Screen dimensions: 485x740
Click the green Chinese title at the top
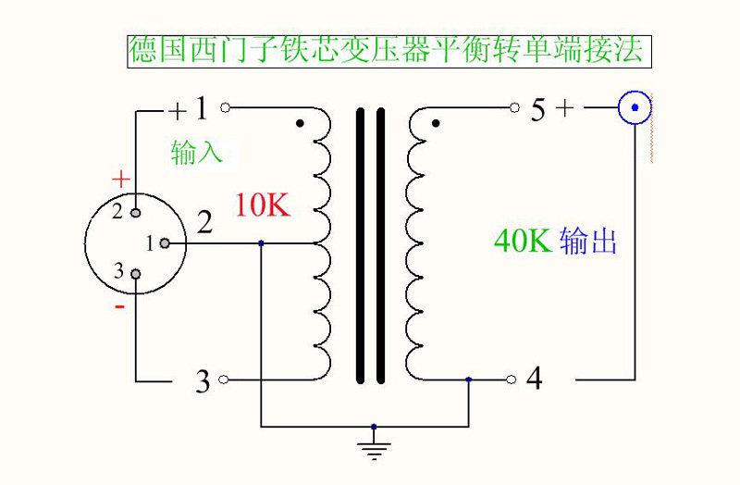[x=389, y=51]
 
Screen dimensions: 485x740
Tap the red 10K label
[x=262, y=205]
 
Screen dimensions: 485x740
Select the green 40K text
[x=523, y=242]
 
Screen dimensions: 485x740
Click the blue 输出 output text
[x=588, y=242]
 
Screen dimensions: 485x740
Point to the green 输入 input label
[x=197, y=152]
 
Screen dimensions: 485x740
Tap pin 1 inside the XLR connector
[x=164, y=243]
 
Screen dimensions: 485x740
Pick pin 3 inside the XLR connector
[x=136, y=274]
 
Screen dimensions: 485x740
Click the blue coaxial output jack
[x=635, y=109]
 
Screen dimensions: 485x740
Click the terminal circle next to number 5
[x=514, y=108]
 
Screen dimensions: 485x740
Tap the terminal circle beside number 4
[x=511, y=379]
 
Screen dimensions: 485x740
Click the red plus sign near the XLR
[x=119, y=178]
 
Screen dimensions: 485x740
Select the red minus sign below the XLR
[x=119, y=307]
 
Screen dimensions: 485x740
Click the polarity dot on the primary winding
[x=299, y=123]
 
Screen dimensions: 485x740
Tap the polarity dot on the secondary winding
[x=436, y=123]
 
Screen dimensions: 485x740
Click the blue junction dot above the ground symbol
[x=374, y=427]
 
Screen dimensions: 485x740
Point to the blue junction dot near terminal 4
[x=469, y=379]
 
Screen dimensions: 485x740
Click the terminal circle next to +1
[x=225, y=108]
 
